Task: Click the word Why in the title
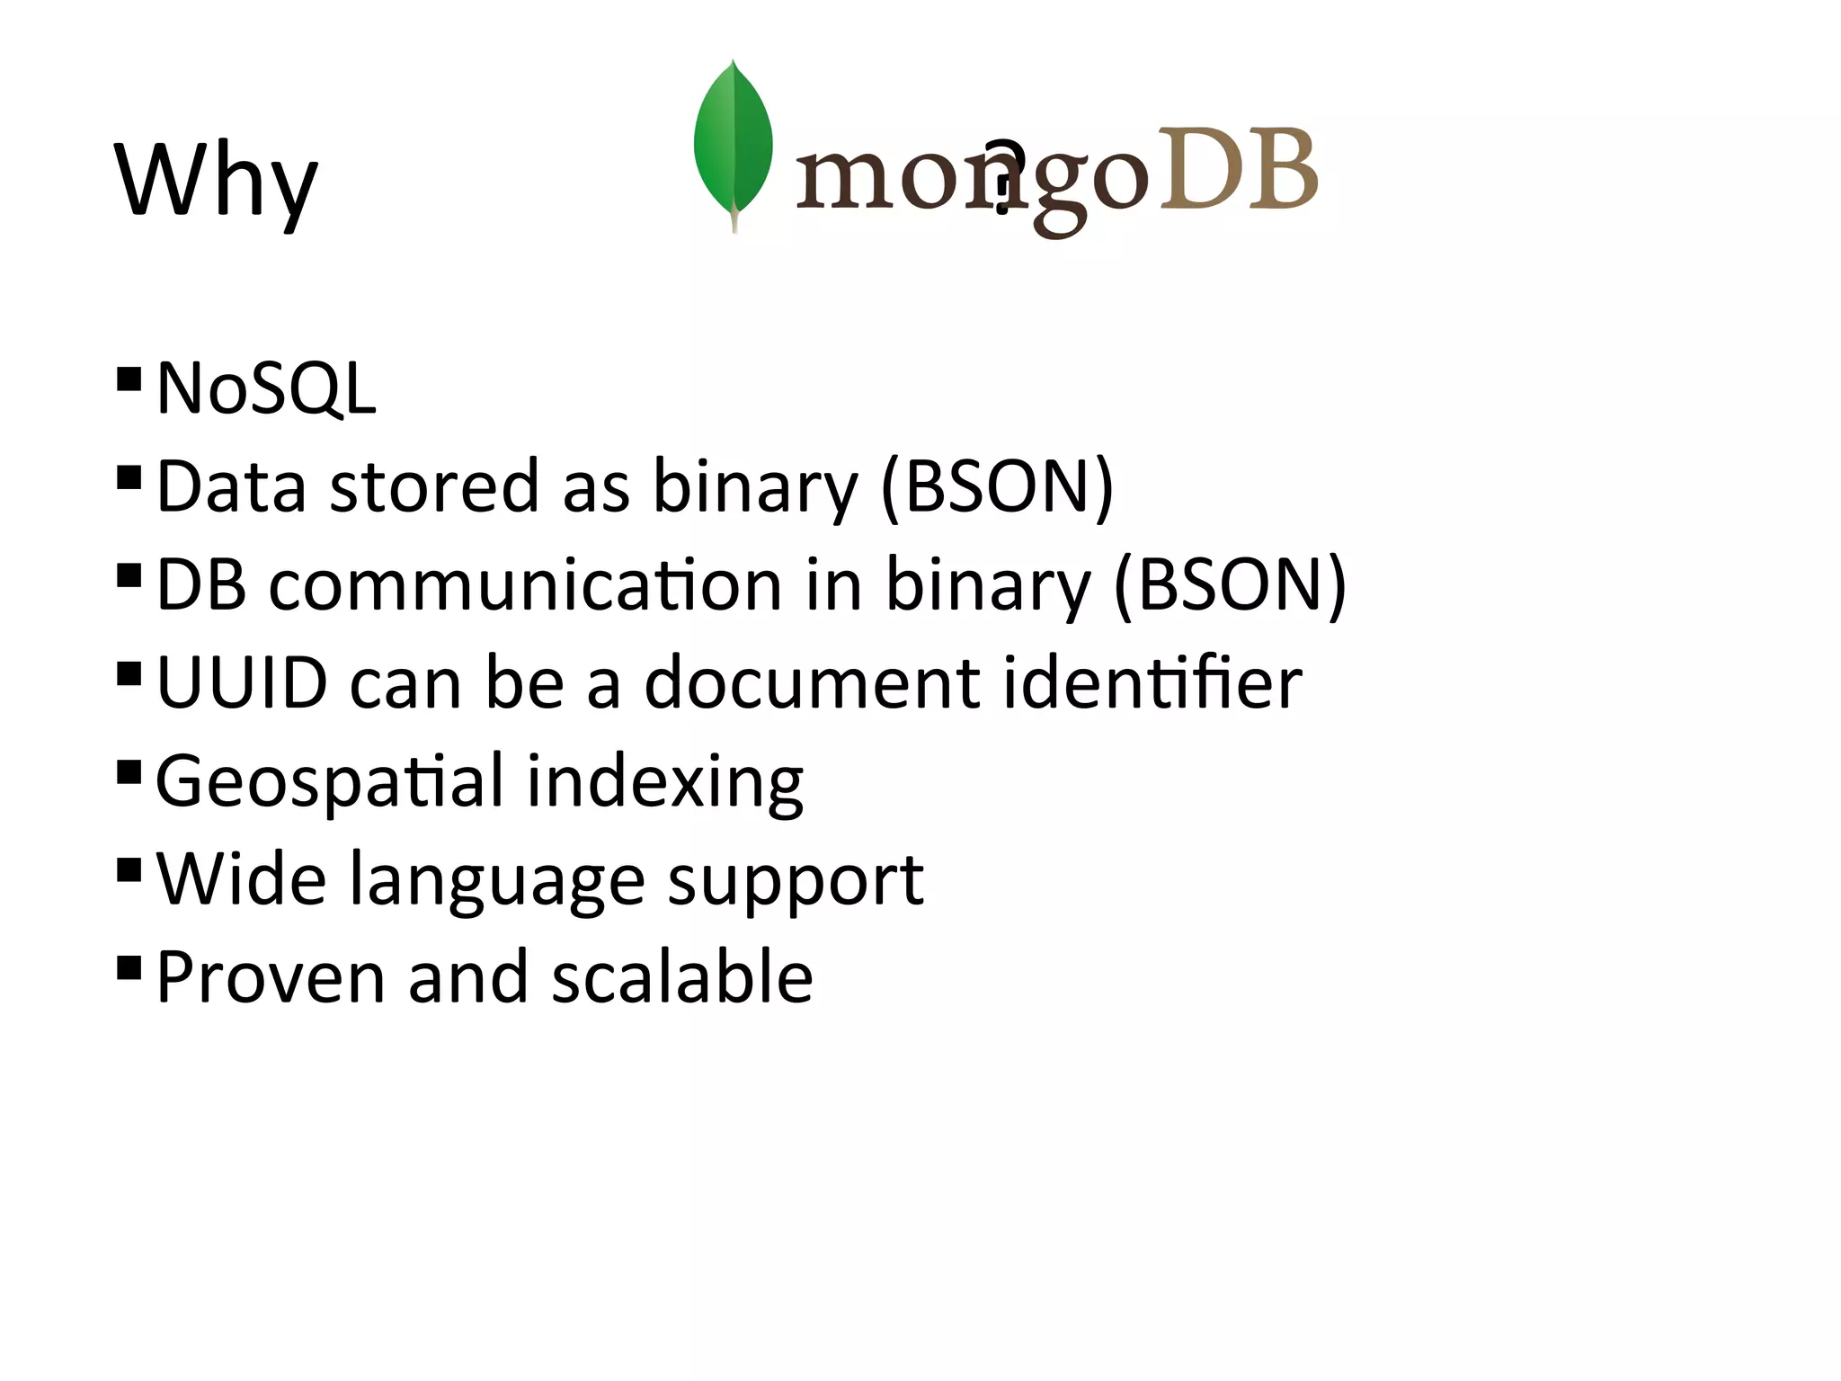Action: click(216, 180)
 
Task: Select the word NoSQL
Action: click(266, 388)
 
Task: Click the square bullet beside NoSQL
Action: click(129, 379)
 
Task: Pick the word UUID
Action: click(242, 683)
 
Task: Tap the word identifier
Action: click(1152, 683)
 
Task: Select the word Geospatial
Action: click(329, 782)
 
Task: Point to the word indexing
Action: click(665, 782)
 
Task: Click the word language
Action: click(497, 880)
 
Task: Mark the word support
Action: click(796, 880)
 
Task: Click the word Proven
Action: click(271, 977)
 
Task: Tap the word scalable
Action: click(682, 977)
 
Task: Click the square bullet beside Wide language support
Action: click(129, 870)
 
